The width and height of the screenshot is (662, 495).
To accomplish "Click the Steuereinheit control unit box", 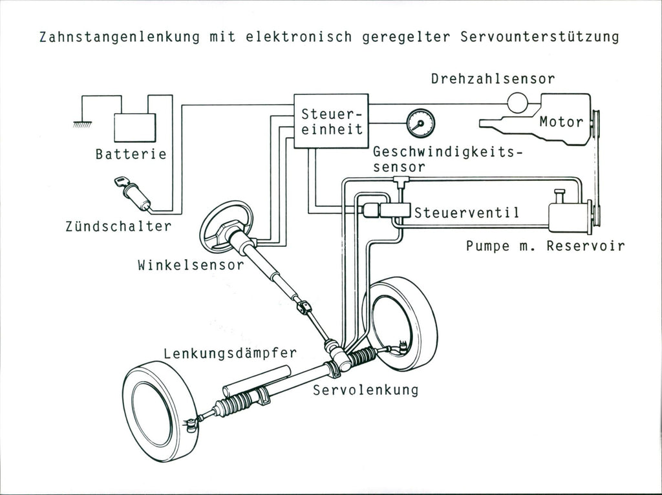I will coord(331,121).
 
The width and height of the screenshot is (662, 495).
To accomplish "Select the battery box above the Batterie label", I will coord(135,127).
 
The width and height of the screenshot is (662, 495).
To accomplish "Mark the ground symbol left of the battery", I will coord(83,122).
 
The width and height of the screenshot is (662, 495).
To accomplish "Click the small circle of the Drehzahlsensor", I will coord(518,102).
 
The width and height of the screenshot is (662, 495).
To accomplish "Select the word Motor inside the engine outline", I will coord(561,121).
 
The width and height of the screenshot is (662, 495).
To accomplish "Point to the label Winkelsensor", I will coord(190,265).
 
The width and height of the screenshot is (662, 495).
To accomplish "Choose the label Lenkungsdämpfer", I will coord(230,353).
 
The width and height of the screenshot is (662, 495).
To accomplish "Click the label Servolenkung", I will coord(366,390).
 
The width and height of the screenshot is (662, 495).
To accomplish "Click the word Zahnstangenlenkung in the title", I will coord(121,37).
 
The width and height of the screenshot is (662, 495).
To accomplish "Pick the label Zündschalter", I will coord(118,226).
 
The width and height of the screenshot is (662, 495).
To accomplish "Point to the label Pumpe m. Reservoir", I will coord(545,246).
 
